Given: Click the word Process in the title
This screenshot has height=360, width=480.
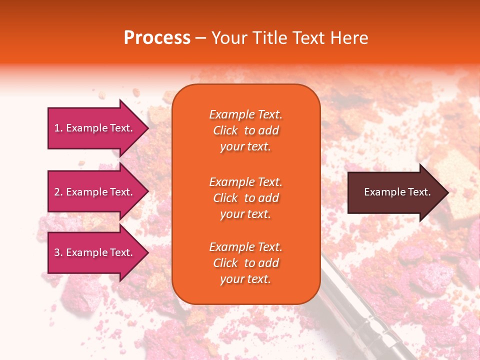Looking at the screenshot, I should click(x=157, y=38).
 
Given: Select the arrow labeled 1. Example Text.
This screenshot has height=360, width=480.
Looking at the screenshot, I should click(x=95, y=128).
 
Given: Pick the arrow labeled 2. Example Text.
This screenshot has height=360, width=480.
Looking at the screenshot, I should click(x=95, y=192).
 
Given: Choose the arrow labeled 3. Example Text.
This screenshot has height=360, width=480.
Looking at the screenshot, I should click(x=95, y=252).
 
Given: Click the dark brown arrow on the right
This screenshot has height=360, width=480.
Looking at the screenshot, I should click(x=395, y=192).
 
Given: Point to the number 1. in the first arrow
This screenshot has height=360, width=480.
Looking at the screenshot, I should click(x=58, y=128).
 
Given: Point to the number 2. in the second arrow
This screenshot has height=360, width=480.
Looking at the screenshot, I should click(x=58, y=192).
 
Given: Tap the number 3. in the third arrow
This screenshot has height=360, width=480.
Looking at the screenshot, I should click(x=58, y=252).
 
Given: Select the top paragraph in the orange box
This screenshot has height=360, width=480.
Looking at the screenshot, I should click(x=245, y=130).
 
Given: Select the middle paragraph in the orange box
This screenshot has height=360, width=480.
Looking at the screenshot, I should click(x=245, y=198).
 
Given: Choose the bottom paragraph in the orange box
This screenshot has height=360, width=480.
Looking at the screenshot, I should click(x=245, y=263).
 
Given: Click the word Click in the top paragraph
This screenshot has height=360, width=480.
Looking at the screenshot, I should click(x=225, y=130).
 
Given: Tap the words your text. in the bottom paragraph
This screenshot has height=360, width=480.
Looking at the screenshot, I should click(x=245, y=279).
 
